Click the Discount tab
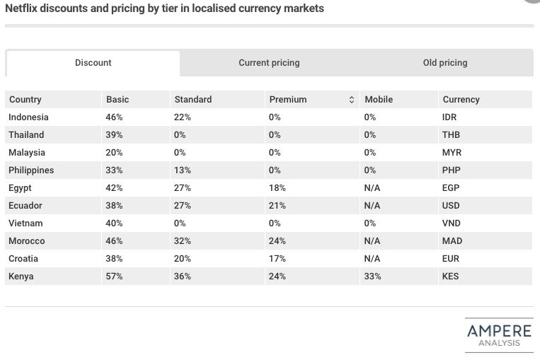[x=93, y=63]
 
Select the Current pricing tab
[x=269, y=63]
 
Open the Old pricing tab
[x=445, y=63]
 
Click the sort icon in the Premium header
[x=352, y=100]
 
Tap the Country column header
[x=25, y=100]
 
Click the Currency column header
[x=461, y=100]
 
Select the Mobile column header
[x=378, y=100]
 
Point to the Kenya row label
[x=21, y=277]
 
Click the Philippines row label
[x=31, y=170]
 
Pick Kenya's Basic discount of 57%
[x=114, y=277]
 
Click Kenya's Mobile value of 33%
[x=372, y=277]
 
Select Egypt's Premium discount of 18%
[x=277, y=188]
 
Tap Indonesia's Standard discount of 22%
[x=183, y=117]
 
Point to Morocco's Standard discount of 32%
[x=183, y=241]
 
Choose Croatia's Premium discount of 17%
[x=277, y=259]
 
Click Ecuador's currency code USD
[x=450, y=206]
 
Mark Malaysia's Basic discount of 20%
[x=114, y=153]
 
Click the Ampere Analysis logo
[x=499, y=335]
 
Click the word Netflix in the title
[x=21, y=8]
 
